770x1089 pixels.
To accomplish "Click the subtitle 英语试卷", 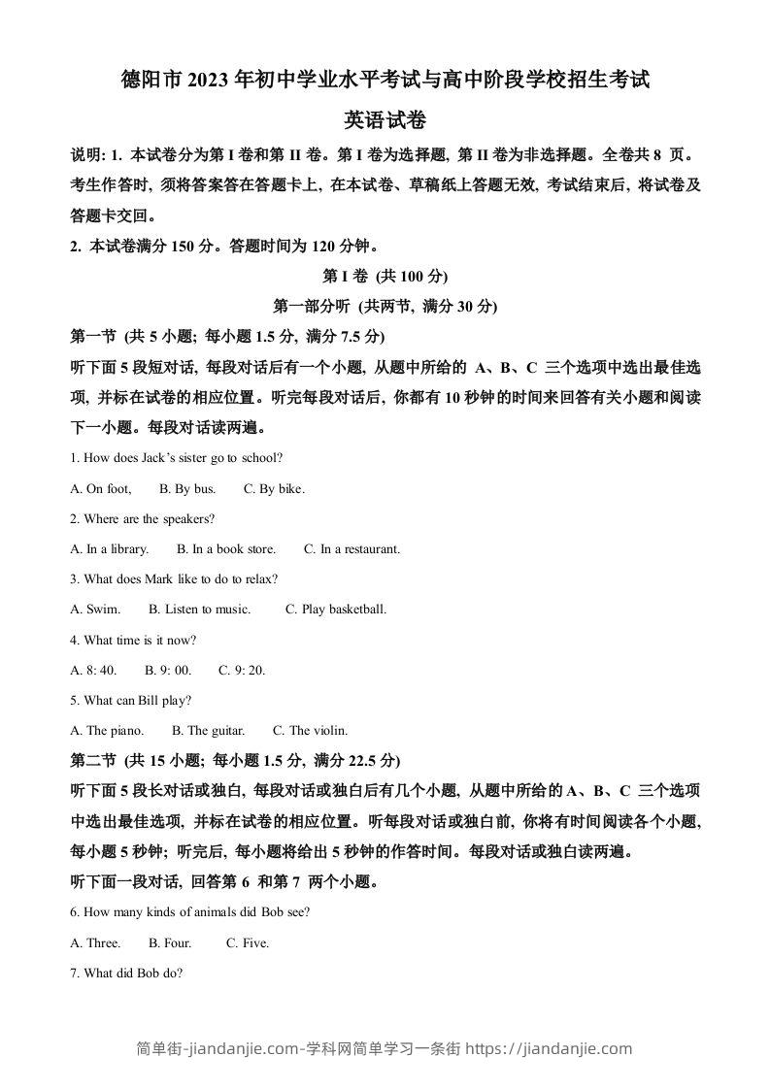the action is tap(385, 120).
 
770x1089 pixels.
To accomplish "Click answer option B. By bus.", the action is tap(187, 489).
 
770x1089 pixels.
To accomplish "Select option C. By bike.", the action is tap(274, 489).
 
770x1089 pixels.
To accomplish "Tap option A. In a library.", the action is tap(110, 549).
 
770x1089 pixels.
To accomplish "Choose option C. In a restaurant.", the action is tap(352, 549).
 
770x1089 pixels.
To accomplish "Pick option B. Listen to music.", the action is tap(199, 610).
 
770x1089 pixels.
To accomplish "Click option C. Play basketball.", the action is tap(336, 610).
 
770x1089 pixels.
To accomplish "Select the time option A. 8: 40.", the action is tap(93, 671).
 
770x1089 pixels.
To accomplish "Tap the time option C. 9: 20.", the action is tap(242, 671).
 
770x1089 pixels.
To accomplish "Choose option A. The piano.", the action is tap(107, 731).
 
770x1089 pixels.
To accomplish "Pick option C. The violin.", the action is tap(310, 731).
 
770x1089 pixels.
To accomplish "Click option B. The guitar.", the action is tap(208, 731).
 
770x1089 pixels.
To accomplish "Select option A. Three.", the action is tap(95, 943).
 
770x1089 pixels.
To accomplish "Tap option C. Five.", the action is tap(248, 943).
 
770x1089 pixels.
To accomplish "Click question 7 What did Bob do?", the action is tap(126, 973).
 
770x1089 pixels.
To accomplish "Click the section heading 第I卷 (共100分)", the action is tap(385, 276).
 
